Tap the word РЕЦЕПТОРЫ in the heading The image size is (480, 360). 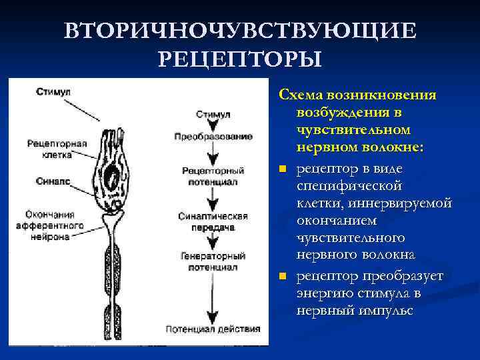tap(240, 59)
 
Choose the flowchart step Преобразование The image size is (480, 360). tap(213, 137)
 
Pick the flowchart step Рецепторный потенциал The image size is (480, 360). tap(213, 175)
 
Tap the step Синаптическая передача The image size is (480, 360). tap(213, 221)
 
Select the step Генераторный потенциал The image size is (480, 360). tap(213, 261)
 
